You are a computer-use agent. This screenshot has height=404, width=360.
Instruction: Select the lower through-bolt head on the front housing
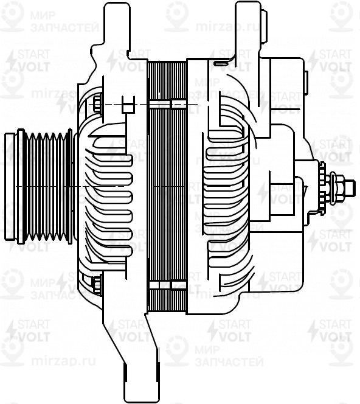(95, 281)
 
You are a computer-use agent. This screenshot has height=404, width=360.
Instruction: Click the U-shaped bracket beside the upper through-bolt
(128, 105)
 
